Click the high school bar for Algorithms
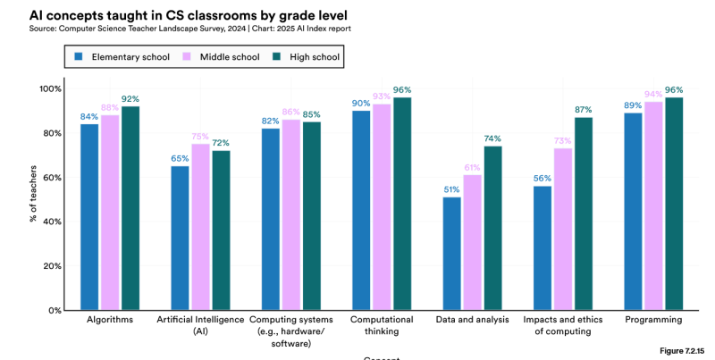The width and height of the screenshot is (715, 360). click(x=130, y=208)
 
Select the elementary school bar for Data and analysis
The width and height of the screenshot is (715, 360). click(x=452, y=254)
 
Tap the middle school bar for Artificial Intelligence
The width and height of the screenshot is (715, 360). click(x=200, y=227)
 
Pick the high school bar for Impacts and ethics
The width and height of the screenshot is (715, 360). click(x=583, y=213)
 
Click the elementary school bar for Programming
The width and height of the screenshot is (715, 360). click(x=633, y=212)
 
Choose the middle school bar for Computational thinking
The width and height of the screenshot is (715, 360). click(x=382, y=207)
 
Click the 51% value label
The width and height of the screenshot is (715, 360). click(x=452, y=188)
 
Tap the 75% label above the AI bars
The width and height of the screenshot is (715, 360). click(x=200, y=136)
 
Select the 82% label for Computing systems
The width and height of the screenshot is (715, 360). click(x=271, y=120)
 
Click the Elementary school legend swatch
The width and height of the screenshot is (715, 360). click(x=80, y=56)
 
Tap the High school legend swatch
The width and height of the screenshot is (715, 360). click(x=278, y=56)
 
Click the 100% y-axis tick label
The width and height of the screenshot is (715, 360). click(x=49, y=89)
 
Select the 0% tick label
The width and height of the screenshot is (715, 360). click(x=53, y=310)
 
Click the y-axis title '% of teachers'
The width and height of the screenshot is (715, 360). click(x=32, y=199)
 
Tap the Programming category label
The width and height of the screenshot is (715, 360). click(x=653, y=319)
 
